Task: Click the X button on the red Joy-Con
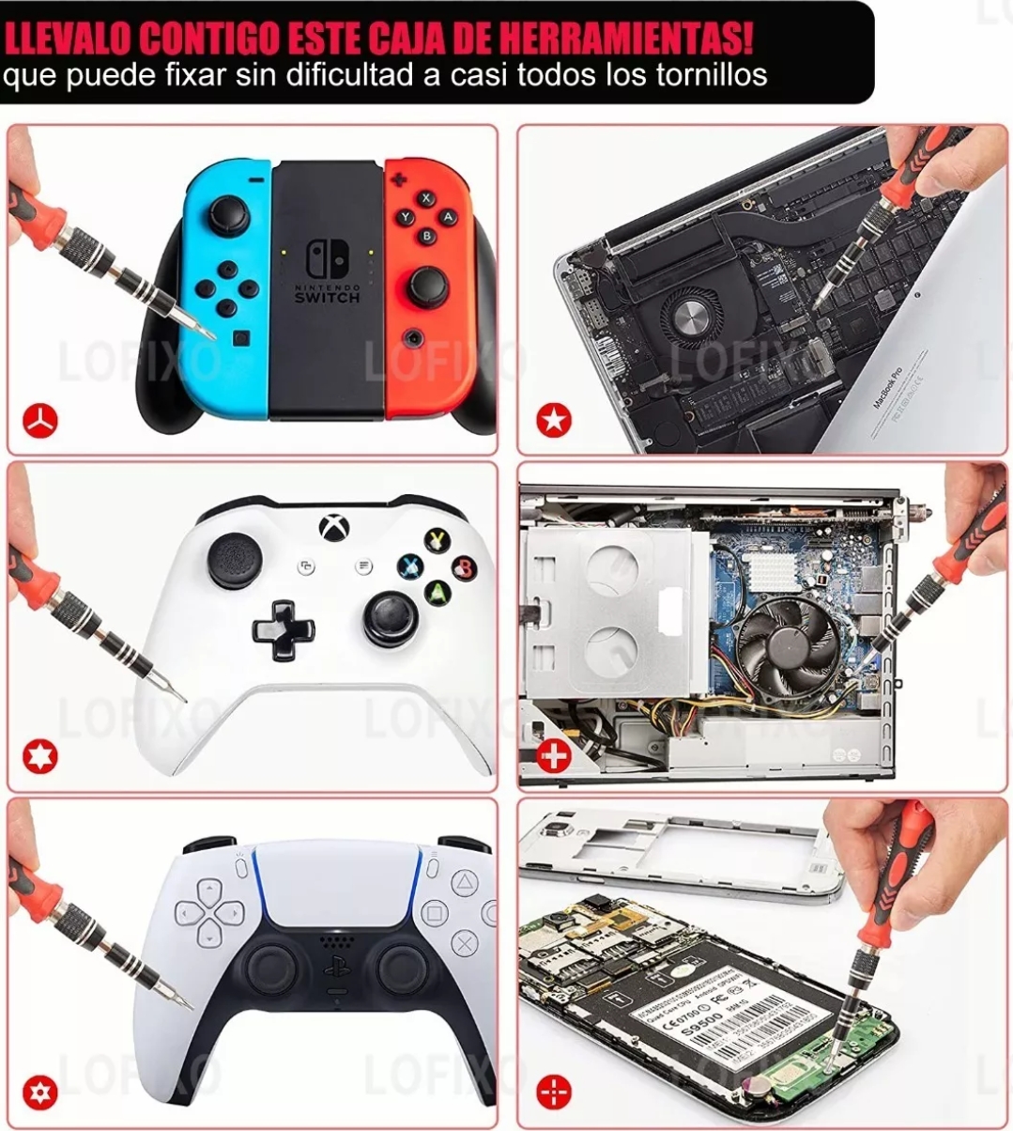(x=426, y=198)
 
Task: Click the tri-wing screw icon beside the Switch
(x=40, y=420)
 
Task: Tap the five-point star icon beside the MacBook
(x=554, y=420)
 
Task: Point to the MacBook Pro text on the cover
(x=886, y=386)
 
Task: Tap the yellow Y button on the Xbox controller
(x=437, y=540)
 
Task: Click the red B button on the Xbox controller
(x=463, y=566)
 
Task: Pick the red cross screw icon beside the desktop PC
(x=554, y=755)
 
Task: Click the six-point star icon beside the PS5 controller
(x=40, y=1092)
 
